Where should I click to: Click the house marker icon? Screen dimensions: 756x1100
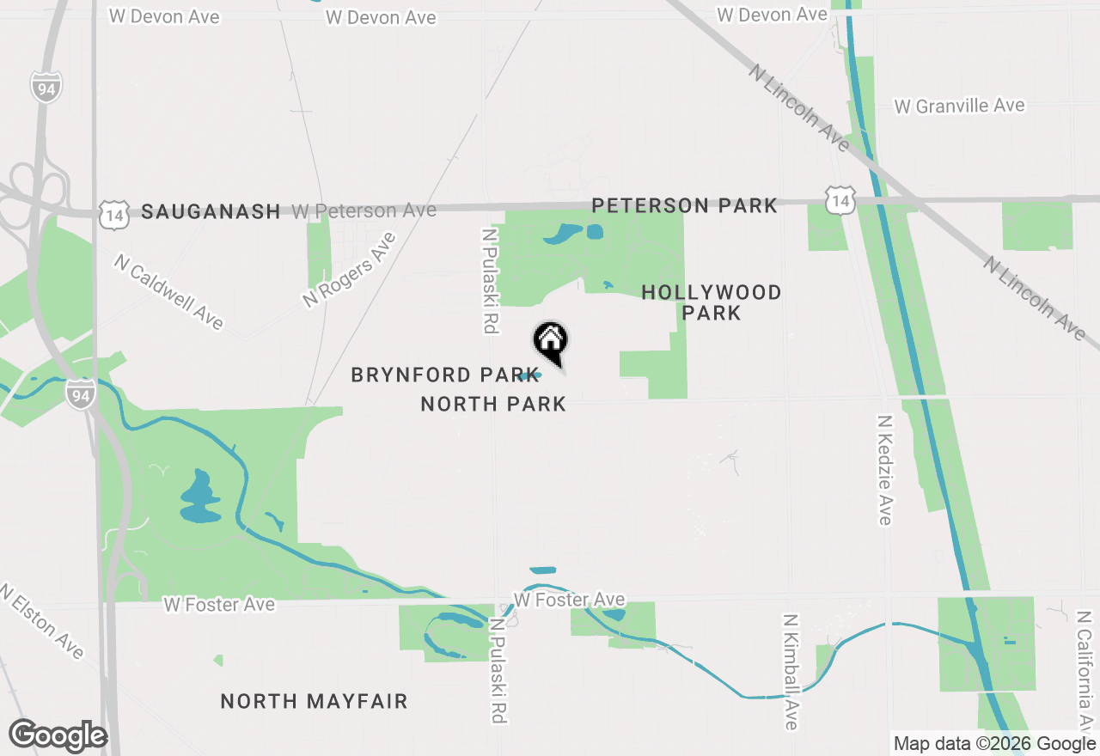click(x=551, y=340)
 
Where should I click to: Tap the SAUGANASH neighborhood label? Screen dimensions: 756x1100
click(x=211, y=211)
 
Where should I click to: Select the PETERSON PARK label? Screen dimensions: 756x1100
click(x=684, y=205)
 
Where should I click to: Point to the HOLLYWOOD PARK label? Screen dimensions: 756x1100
click(x=712, y=302)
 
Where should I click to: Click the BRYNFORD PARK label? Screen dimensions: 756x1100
click(x=435, y=375)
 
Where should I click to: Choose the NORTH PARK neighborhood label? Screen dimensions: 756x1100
click(x=493, y=404)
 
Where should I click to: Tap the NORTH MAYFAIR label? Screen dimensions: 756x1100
click(x=314, y=701)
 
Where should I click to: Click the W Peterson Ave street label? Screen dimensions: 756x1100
click(x=364, y=210)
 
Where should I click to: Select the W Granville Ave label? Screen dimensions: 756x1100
click(x=959, y=106)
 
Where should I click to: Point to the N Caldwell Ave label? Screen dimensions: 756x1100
click(x=168, y=291)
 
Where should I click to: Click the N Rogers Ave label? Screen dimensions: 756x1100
click(x=348, y=270)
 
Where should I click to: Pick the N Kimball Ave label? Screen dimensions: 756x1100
click(x=791, y=671)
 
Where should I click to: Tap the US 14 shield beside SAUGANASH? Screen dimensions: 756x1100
click(x=113, y=213)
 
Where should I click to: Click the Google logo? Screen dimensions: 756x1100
click(x=58, y=735)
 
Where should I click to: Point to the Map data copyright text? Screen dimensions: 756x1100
click(x=994, y=744)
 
